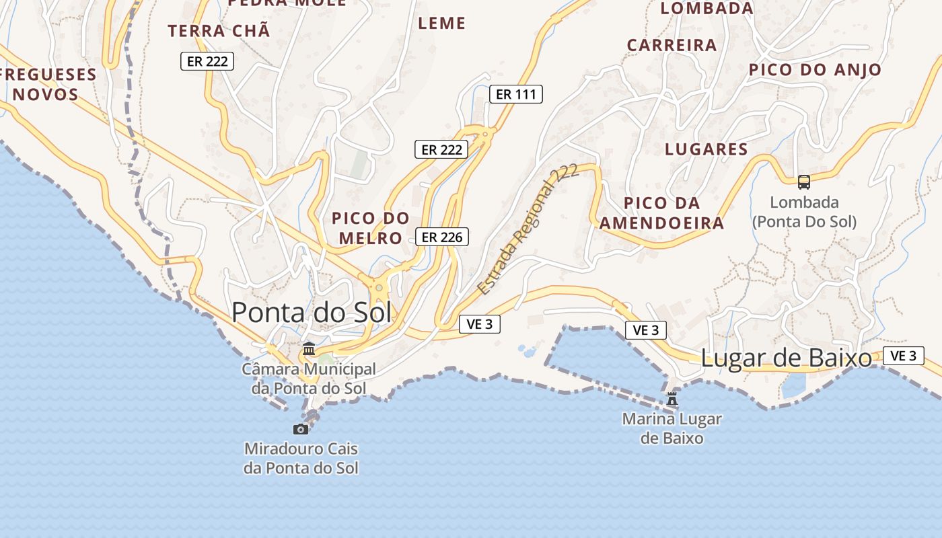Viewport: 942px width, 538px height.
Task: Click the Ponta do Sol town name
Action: (312, 313)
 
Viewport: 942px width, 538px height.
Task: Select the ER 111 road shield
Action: (516, 94)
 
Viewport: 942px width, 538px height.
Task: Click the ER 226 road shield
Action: (441, 237)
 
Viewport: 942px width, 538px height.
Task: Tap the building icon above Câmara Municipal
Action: (309, 348)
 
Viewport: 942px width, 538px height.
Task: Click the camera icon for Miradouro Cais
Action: (301, 429)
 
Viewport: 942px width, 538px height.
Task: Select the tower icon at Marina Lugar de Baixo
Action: (672, 399)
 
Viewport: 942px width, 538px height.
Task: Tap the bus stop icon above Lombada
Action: (803, 182)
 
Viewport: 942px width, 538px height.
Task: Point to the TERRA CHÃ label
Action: (219, 31)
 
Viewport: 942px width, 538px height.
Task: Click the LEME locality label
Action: (442, 24)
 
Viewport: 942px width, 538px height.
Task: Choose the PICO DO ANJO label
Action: (815, 70)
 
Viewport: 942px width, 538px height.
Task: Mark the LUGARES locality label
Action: (706, 149)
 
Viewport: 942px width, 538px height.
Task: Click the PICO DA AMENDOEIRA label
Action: (662, 213)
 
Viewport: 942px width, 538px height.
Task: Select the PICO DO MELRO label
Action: (371, 228)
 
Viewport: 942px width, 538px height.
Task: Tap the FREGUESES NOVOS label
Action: (47, 83)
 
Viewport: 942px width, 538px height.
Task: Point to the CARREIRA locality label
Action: (672, 45)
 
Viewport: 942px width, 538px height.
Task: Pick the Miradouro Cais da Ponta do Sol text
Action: (301, 458)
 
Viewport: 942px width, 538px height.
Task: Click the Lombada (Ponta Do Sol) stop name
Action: (804, 212)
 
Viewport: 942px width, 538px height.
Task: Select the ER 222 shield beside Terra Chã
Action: (207, 61)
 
